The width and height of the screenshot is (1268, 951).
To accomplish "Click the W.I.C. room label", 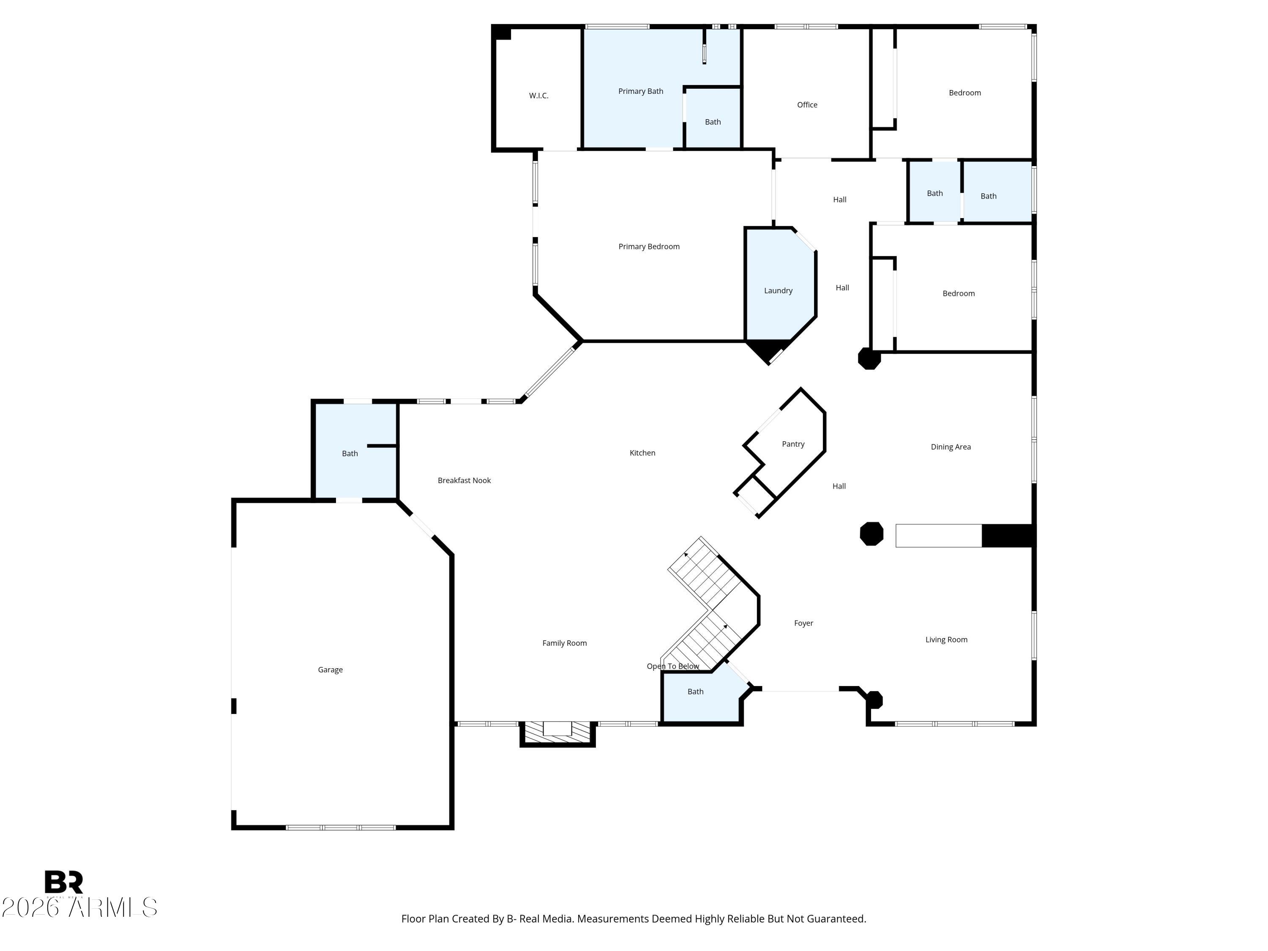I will pos(538,96).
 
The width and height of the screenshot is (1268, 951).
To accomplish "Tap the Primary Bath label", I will pos(640,91).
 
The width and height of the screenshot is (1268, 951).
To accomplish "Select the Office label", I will pos(806,105).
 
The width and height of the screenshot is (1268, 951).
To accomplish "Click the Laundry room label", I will pos(778,291).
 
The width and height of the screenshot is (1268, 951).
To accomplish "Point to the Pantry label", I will pos(793,444).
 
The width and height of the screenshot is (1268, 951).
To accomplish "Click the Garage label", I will pos(330,670).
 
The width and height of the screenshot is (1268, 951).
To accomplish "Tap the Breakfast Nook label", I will pos(464,481).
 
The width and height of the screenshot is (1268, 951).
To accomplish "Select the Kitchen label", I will pos(642,453).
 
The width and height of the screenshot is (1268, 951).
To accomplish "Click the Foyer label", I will pos(803,623).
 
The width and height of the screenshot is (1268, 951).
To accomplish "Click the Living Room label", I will pos(946,640).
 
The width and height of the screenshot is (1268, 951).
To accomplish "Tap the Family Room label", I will pos(564,643).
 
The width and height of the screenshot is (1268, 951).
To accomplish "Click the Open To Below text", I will pos(672,666).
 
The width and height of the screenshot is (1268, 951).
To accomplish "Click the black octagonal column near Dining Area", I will pos(871,534).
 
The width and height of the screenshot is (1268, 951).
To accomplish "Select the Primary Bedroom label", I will pos(648,246).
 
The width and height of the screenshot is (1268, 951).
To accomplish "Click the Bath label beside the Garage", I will pos(350,454).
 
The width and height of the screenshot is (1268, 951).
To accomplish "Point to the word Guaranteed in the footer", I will pos(836,919).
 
